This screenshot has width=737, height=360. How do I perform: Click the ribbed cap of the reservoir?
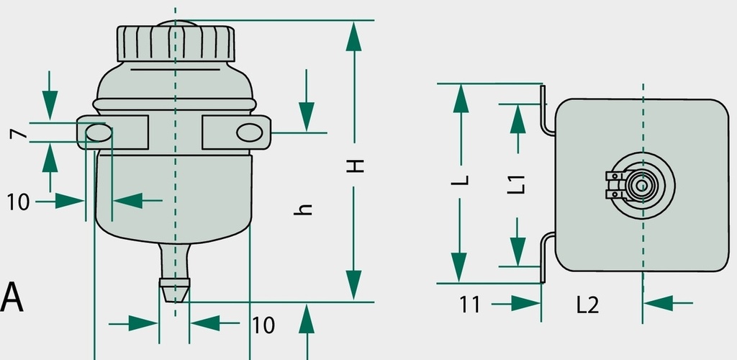point(176,42)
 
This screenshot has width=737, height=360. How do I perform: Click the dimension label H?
point(356,166)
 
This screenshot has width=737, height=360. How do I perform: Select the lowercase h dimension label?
point(304,209)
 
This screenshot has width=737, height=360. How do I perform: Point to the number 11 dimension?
point(470,305)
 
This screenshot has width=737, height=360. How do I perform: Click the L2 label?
point(587,305)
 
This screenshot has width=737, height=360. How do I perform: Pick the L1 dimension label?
point(516,185)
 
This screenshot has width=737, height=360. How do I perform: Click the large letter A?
point(12,297)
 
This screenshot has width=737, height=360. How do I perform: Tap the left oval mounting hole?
point(99,133)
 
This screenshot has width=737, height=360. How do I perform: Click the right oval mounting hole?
point(250,132)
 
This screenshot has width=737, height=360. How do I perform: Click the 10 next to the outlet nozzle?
point(263,325)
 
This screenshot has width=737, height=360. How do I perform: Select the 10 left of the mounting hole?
point(18,202)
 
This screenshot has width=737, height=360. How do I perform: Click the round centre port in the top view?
point(641,186)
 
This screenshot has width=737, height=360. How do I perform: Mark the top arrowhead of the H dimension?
point(354,36)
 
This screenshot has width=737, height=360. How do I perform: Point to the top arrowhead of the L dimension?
point(461,99)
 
